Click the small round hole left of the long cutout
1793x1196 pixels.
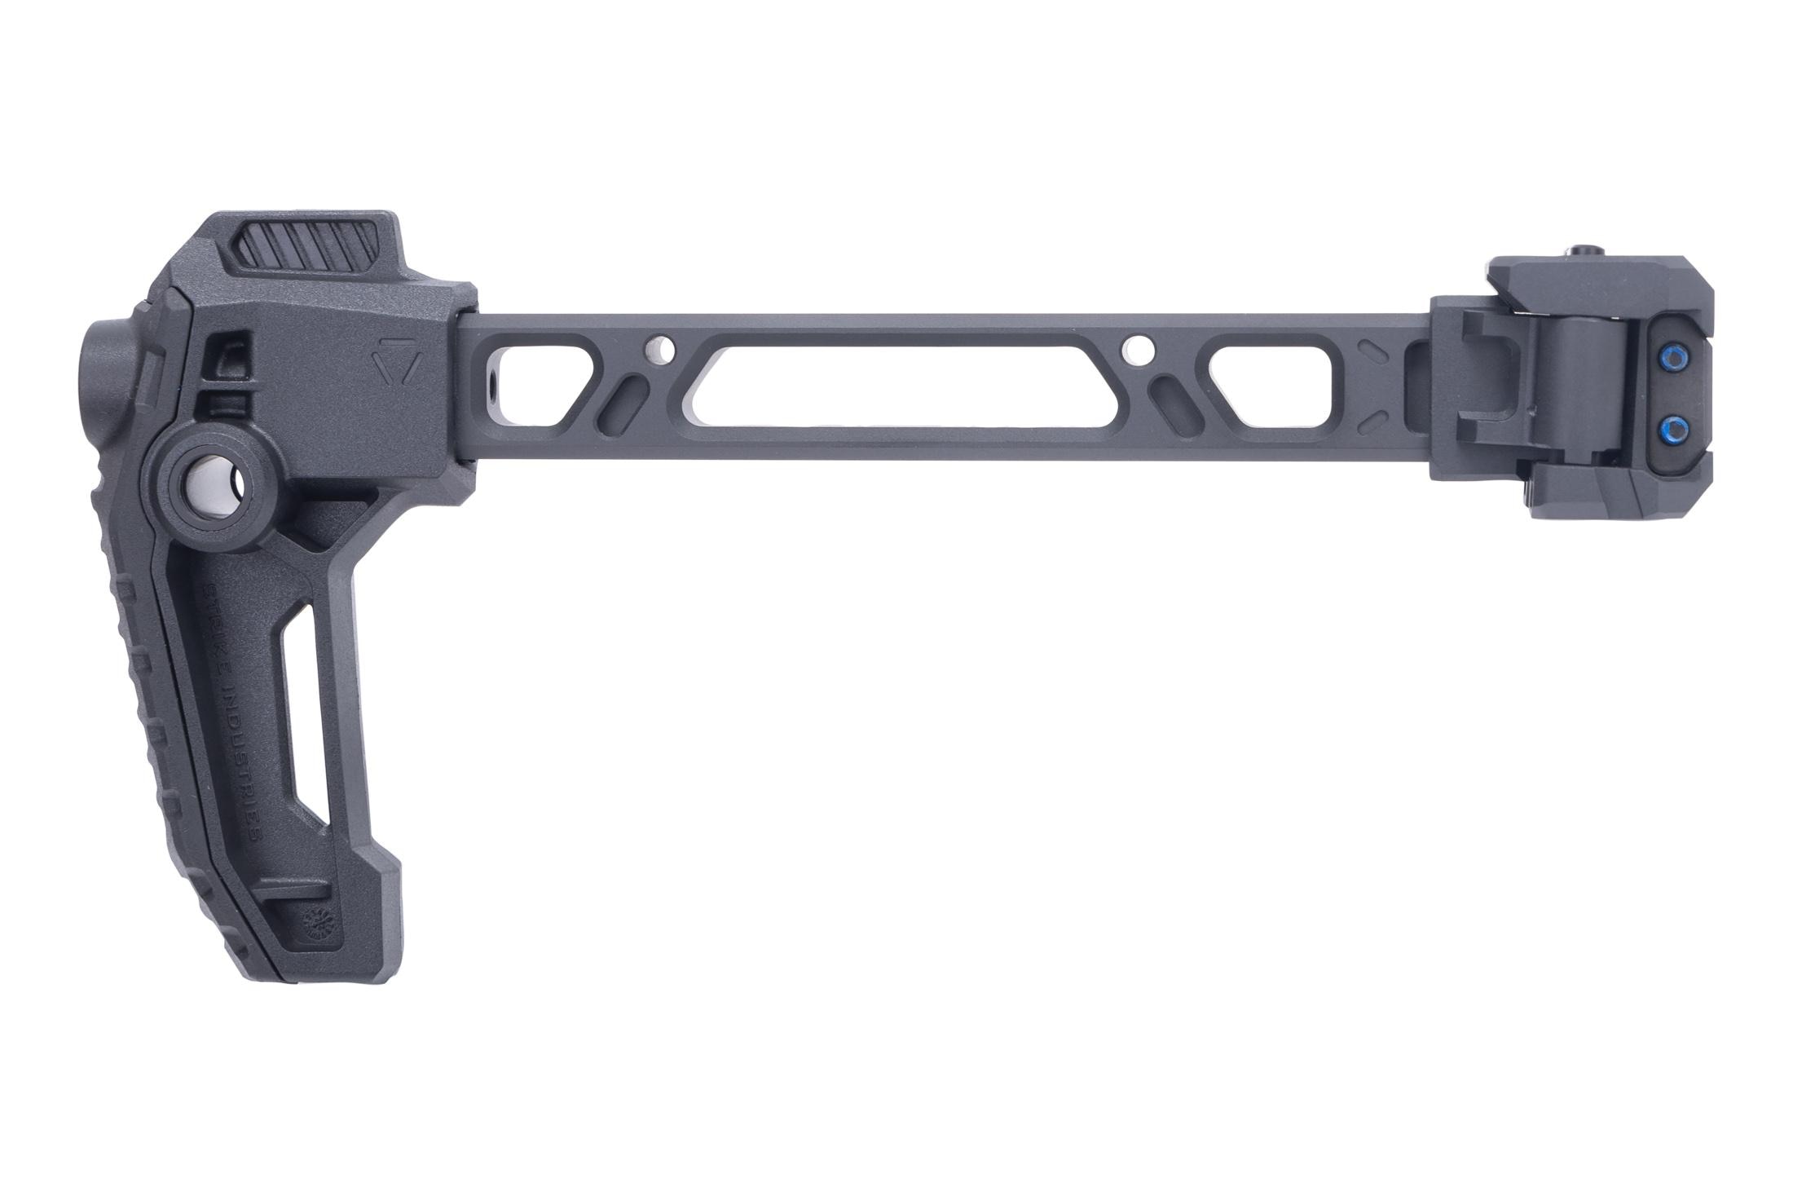click(x=659, y=351)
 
